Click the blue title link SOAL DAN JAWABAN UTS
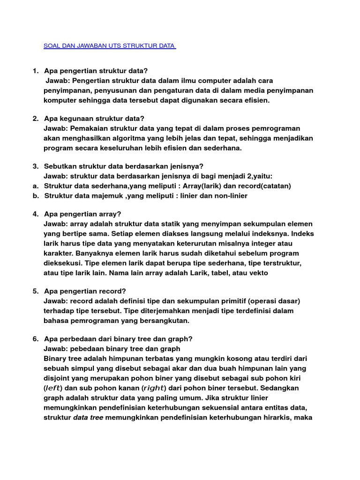pyautogui.click(x=109, y=46)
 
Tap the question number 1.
pyautogui.click(x=35, y=71)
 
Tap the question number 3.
pyautogui.click(x=35, y=166)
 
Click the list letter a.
pyautogui.click(x=35, y=186)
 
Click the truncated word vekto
pyautogui.click(x=258, y=273)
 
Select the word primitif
pyautogui.click(x=233, y=301)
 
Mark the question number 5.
pyautogui.click(x=35, y=291)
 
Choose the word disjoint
pyautogui.click(x=58, y=378)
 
